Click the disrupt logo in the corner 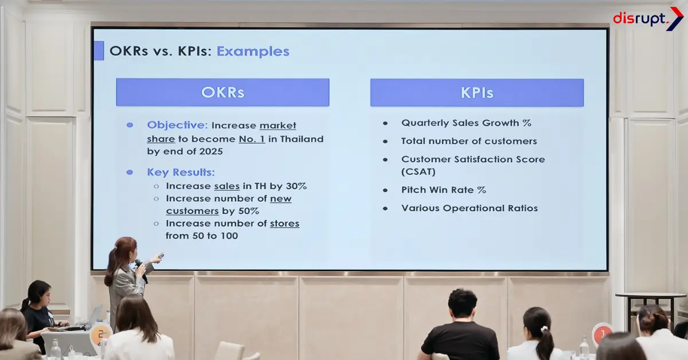coord(647,18)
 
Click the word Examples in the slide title coord(253,51)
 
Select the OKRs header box coord(222,92)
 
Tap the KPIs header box coord(476,92)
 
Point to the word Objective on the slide coord(177,125)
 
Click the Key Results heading coord(181,172)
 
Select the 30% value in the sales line coord(296,186)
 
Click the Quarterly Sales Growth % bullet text coord(466,123)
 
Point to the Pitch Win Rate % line coord(443,190)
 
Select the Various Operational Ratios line coord(469,208)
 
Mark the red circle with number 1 coord(602,334)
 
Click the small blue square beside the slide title coord(99,50)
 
